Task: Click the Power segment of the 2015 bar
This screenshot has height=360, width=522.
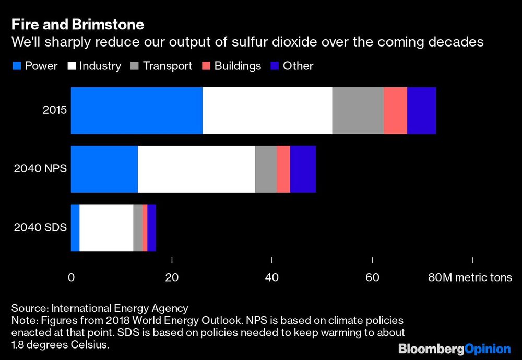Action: pos(137,111)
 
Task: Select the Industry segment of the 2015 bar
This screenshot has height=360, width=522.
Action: pos(267,111)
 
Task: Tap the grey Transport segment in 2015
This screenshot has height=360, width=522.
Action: pos(358,111)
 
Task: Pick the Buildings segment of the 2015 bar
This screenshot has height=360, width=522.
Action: pos(395,111)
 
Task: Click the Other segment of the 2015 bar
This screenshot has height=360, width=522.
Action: pos(421,111)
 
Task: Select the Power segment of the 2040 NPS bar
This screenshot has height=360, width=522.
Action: pos(104,169)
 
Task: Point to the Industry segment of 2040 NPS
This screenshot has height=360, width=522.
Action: pos(196,169)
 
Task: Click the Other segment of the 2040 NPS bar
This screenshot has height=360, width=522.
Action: pos(303,169)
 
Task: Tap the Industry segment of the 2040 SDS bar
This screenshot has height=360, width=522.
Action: pos(106,228)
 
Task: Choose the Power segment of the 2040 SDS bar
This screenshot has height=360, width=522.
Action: pos(75,228)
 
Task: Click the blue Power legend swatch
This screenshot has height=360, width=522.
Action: pos(16,66)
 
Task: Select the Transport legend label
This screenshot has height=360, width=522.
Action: pos(168,66)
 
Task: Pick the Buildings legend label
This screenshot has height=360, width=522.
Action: pos(238,66)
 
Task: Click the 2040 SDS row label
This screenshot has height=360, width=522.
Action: pos(40,228)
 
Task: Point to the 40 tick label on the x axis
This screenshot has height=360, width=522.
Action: pos(272,277)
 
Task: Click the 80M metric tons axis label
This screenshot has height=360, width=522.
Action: pos(470,277)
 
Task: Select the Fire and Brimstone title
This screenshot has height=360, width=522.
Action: pos(78,25)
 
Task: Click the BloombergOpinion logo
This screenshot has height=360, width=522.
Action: pos(454,349)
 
